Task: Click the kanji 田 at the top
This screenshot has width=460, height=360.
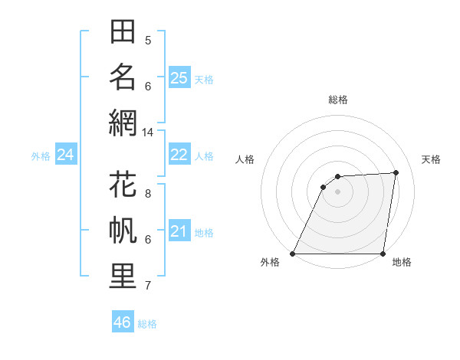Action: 123,33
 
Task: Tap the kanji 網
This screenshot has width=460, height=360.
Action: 123,123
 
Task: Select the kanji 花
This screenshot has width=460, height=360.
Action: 123,185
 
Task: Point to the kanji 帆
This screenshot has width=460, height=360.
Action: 123,231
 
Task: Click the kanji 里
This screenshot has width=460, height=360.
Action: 123,277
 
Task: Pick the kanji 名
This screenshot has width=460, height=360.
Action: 123,77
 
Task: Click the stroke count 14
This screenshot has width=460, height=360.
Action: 148,133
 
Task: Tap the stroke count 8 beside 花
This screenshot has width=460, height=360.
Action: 148,194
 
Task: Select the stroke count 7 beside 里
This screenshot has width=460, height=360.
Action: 148,286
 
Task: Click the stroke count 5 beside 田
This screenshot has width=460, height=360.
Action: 148,41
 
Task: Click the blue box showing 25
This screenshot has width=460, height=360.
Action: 179,77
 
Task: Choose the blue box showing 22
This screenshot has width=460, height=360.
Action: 179,155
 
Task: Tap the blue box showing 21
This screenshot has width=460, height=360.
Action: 179,231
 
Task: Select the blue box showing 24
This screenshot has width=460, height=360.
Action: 66,155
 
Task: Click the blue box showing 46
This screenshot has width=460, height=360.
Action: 123,322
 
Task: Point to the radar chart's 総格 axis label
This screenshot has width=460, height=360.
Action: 337,100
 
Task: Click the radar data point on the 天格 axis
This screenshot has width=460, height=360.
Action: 396,172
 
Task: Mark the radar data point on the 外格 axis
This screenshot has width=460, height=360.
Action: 292,254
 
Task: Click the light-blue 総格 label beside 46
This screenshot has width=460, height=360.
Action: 147,324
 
